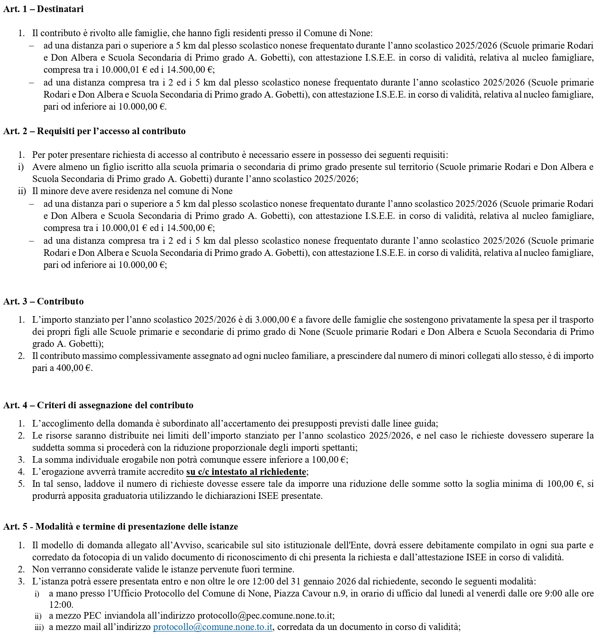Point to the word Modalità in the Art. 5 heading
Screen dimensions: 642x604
pyautogui.click(x=53, y=527)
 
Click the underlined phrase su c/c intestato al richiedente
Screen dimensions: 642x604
pyautogui.click(x=246, y=472)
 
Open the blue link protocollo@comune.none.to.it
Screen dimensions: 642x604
pyautogui.click(x=213, y=627)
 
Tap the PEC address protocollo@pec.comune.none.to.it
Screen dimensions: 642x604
pyautogui.click(x=265, y=616)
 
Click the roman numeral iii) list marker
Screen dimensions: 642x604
pyautogui.click(x=39, y=628)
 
